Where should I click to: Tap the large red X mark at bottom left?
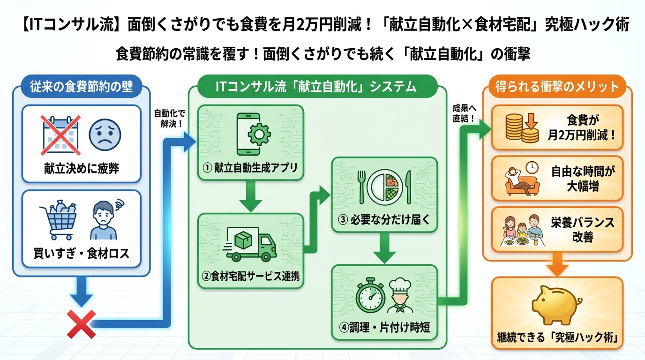pyautogui.click(x=82, y=324)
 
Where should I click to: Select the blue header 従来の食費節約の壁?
pyautogui.click(x=81, y=87)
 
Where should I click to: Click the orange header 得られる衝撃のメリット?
pyautogui.click(x=557, y=87)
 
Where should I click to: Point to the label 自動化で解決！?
pyautogui.click(x=170, y=118)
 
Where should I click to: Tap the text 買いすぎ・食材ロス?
pyautogui.click(x=82, y=254)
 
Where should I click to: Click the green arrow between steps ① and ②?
pyautogui.click(x=251, y=196)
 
